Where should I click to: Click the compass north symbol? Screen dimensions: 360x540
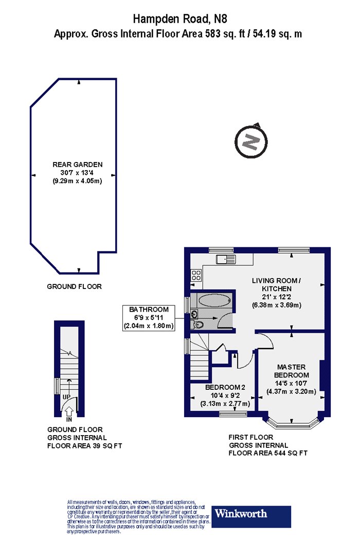point(251,141)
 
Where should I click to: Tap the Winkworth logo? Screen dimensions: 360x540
point(251,516)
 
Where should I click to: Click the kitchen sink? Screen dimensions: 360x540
point(226,259)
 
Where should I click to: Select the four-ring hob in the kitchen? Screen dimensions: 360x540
point(196,275)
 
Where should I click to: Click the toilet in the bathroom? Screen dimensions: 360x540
point(197,324)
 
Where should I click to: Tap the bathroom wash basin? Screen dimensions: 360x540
point(194,314)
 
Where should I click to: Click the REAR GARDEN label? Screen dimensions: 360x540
point(78,165)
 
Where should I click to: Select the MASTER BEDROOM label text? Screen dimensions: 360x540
point(292,371)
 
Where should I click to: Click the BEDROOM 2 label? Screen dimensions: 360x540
point(225,387)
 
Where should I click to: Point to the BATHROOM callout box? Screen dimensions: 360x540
point(149,318)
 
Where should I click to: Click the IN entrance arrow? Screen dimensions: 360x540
point(69,411)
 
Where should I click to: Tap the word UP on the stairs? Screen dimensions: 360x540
point(66,397)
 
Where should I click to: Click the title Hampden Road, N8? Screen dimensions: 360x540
point(180,19)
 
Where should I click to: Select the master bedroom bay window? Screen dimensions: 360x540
point(292,423)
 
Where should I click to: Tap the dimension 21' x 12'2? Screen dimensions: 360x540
point(277,297)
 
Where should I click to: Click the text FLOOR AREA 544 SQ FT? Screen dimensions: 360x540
point(268,453)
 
